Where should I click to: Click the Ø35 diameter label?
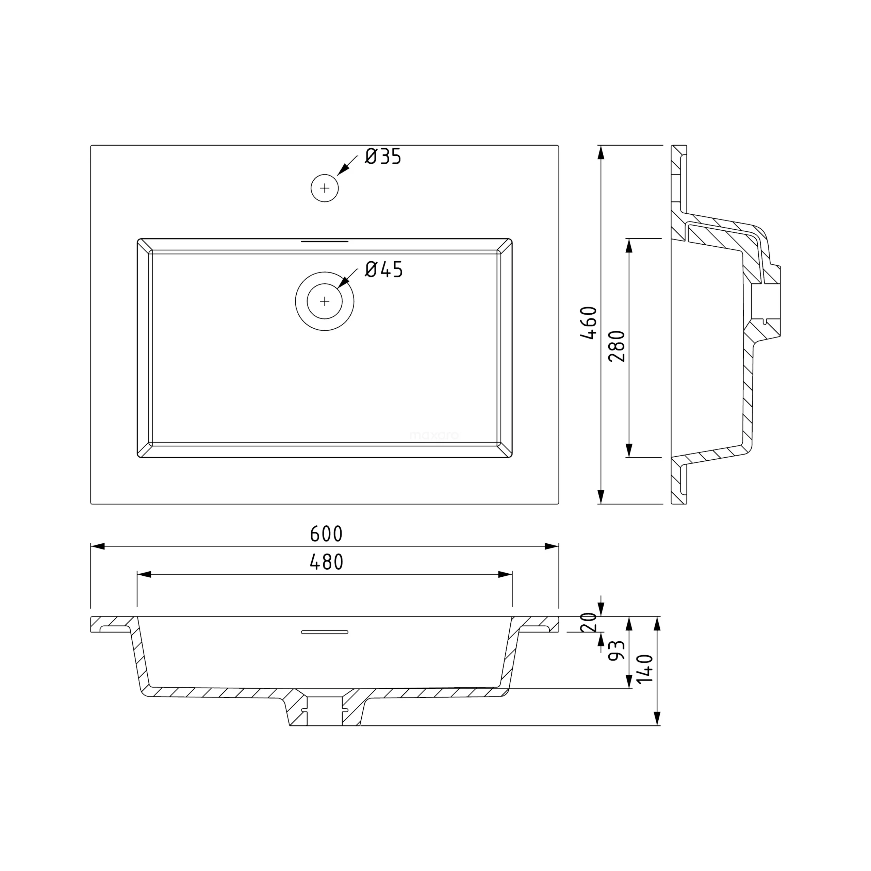click(383, 157)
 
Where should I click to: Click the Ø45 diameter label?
click(384, 269)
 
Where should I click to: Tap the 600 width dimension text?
click(326, 534)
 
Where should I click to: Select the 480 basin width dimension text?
click(326, 562)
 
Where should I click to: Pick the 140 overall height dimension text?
click(645, 669)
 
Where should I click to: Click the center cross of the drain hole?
click(325, 301)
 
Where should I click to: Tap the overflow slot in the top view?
click(325, 242)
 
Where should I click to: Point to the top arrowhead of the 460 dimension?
click(601, 153)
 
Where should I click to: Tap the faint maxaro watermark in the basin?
click(434, 435)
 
